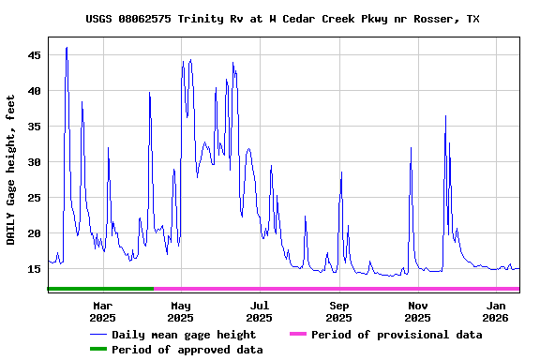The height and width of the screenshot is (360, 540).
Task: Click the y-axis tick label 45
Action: [x=34, y=55]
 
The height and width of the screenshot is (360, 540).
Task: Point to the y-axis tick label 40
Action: [x=34, y=91]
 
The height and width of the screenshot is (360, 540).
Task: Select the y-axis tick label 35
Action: [x=34, y=127]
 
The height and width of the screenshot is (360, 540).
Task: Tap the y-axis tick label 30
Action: [x=34, y=162]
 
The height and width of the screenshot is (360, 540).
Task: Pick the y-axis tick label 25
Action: [x=34, y=198]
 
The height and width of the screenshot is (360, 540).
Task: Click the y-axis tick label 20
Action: [x=34, y=233]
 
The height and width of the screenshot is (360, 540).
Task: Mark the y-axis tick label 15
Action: [x=34, y=269]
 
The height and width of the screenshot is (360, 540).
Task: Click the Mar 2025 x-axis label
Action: [x=103, y=311]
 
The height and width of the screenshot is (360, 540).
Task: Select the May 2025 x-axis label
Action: [x=182, y=311]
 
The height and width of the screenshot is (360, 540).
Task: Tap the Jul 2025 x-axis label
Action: [x=261, y=311]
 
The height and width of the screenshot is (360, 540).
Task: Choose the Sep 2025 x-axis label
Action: [x=339, y=311]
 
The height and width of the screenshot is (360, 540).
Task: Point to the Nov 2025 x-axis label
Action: [x=418, y=311]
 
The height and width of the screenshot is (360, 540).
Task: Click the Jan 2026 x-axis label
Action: [x=497, y=311]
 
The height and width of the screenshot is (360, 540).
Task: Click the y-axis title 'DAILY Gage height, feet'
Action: [x=11, y=169]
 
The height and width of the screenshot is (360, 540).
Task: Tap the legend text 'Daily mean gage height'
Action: [x=184, y=335]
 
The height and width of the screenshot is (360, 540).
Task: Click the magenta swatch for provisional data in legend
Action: [x=298, y=335]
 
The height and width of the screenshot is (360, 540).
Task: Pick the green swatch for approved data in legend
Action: [x=98, y=350]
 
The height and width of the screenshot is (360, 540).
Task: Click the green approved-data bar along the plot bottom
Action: [x=99, y=289]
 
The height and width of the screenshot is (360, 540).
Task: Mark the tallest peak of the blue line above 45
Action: [x=67, y=47]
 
